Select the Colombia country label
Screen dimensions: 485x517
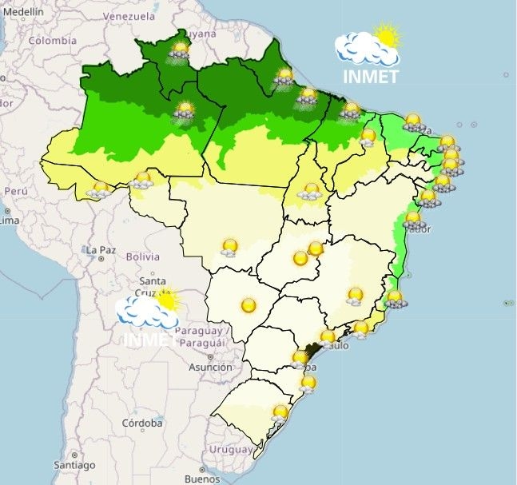point(53,41)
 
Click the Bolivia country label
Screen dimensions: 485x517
point(143,256)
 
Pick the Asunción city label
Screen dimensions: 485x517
point(210,367)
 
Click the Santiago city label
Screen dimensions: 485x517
point(74,464)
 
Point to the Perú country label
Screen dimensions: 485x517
point(16,192)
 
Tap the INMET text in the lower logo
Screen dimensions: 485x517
point(149,339)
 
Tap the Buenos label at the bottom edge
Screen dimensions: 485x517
point(201,479)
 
